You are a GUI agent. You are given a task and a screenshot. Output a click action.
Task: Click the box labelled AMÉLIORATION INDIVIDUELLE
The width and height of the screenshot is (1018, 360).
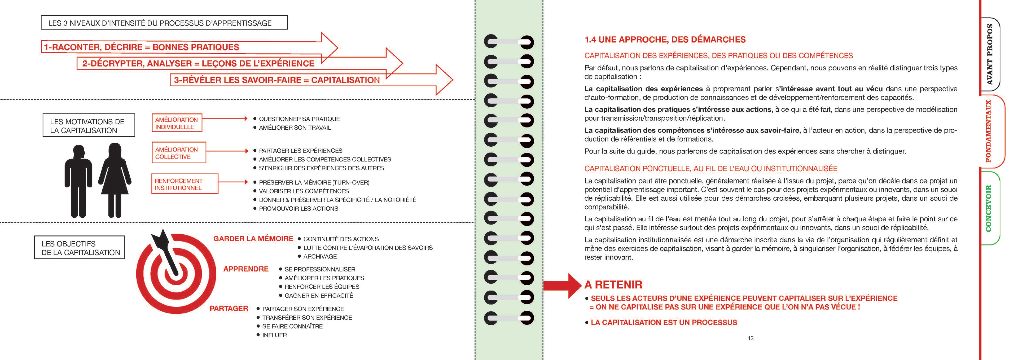click(177, 123)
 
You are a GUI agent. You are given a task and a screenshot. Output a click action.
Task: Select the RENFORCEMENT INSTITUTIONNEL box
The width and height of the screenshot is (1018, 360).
click(185, 184)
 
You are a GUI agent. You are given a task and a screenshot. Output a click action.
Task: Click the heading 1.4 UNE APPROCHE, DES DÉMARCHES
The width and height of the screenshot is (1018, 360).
click(665, 39)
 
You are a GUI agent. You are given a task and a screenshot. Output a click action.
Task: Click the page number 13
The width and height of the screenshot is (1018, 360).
click(751, 338)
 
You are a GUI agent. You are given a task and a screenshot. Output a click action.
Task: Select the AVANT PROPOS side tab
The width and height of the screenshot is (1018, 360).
click(990, 55)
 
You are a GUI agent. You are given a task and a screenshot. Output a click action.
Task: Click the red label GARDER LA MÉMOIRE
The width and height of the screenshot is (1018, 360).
click(253, 239)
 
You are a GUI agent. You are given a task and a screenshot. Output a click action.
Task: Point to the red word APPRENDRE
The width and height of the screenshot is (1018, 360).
click(245, 269)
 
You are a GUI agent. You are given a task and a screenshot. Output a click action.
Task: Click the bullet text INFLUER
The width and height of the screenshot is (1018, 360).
click(274, 335)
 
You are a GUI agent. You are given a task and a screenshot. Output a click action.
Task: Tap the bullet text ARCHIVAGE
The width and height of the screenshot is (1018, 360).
click(320, 256)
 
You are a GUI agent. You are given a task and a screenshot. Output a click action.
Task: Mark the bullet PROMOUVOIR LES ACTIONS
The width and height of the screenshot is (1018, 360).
click(298, 209)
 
